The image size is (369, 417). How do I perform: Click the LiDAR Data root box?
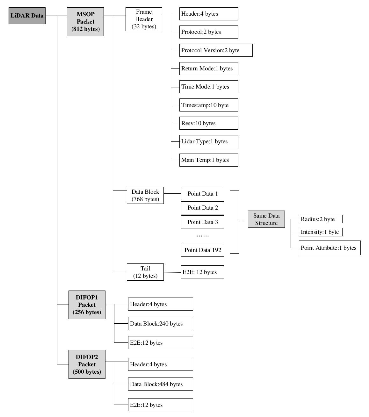pos(27,16)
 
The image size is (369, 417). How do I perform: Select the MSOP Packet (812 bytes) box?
pos(85,22)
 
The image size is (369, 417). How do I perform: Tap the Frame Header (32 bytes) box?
pos(144,19)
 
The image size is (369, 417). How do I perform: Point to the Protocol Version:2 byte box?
pos(216,50)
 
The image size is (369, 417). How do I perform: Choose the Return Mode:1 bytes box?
pos(209,68)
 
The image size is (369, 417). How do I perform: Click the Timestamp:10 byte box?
pos(209,105)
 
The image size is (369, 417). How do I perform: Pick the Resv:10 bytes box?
pos(209,123)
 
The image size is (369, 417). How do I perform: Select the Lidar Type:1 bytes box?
pos(209,142)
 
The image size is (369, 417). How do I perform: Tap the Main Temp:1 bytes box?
pos(209,160)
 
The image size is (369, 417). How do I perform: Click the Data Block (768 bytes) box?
pos(145,195)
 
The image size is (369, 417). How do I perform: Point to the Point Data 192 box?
pos(203,250)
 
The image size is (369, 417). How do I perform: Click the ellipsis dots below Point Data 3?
pos(203,236)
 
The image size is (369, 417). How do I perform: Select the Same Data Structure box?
pos(266,219)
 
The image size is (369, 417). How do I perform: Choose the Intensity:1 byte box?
pos(321,232)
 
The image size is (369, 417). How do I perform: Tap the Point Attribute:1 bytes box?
pos(330,248)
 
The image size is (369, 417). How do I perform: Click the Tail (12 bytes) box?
pos(145,272)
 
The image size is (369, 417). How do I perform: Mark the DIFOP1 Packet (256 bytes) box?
pos(87,305)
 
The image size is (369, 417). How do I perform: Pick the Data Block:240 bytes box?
pos(160,324)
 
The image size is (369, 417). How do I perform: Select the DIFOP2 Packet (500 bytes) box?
pos(87,364)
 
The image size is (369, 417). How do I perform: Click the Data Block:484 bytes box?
pos(160,384)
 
